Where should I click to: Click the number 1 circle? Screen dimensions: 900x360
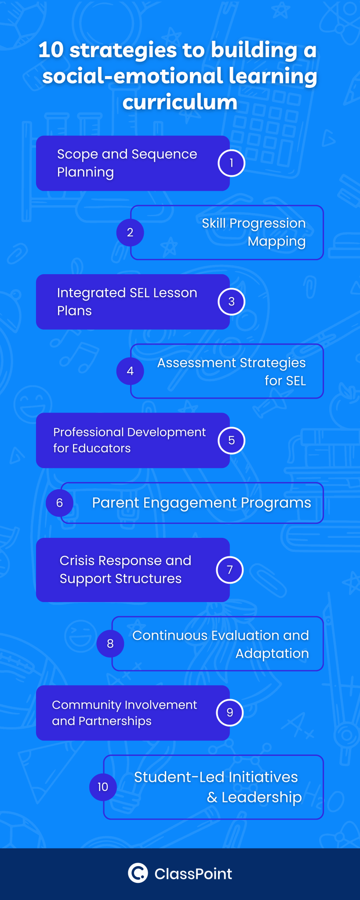pos(231,163)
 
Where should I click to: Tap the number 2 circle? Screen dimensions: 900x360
pos(130,232)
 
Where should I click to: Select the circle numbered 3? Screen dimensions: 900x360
pos(231,301)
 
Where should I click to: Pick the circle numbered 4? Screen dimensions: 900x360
pos(130,371)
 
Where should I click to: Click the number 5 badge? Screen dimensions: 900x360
pos(231,440)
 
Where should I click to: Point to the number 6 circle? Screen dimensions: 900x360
pos(60,503)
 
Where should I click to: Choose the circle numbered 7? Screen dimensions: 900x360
pos(229,570)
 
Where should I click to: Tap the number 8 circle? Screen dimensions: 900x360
pos(110,644)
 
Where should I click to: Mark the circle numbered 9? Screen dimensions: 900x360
pos(229,712)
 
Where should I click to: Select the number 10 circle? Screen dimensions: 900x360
pos(103,787)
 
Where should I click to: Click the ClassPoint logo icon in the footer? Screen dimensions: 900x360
pos(138,873)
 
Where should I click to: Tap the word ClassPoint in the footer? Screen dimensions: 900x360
pos(193,874)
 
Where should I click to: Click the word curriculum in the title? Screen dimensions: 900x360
pos(180,102)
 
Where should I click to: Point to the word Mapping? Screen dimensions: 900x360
pos(276,242)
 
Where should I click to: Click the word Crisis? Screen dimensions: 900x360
pos(77,561)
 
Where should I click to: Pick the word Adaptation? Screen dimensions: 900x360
pos(272,653)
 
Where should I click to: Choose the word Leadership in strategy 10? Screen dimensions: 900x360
pos(262,797)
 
